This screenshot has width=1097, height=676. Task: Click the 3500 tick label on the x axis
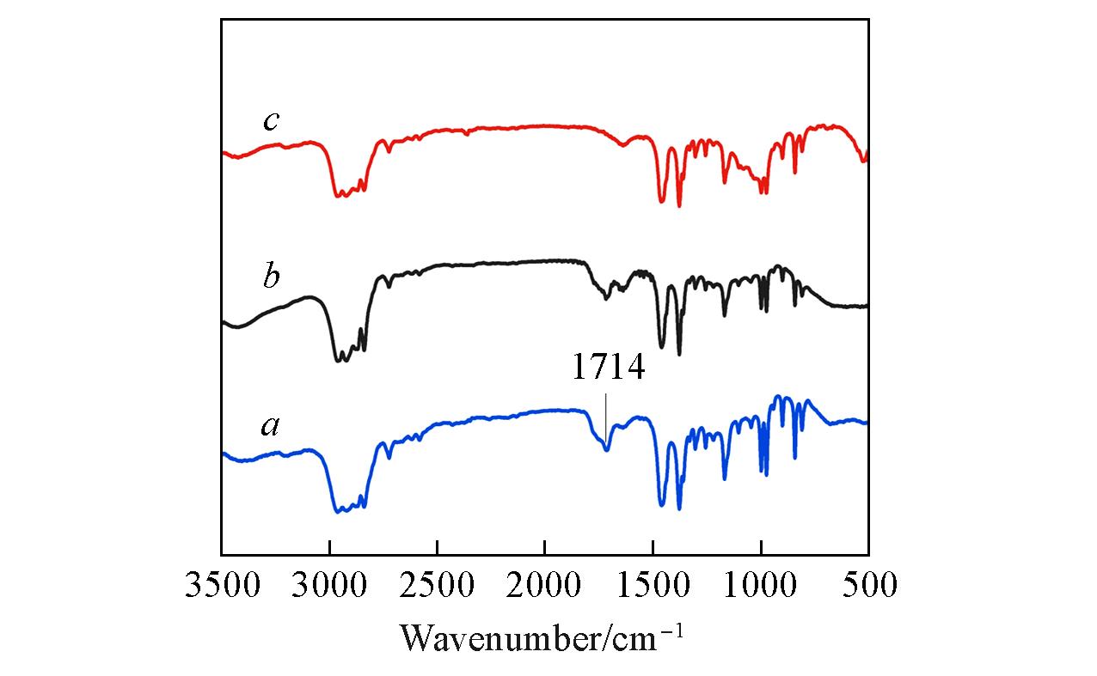[222, 586]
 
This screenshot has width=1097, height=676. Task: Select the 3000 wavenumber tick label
[329, 586]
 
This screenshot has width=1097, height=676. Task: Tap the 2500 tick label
[437, 586]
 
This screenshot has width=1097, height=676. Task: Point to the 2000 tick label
[545, 586]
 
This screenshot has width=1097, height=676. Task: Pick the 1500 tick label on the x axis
[653, 586]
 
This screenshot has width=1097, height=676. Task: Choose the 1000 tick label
[760, 586]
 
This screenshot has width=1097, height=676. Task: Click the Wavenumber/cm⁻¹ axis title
[542, 636]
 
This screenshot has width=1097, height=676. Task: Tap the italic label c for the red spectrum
[271, 121]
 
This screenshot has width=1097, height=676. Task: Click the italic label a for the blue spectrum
[271, 425]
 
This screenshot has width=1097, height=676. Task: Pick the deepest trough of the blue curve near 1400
[679, 509]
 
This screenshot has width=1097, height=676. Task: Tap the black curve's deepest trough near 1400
[679, 354]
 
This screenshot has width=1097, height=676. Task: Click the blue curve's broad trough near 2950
[340, 511]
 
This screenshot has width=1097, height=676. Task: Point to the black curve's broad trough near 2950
[340, 360]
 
